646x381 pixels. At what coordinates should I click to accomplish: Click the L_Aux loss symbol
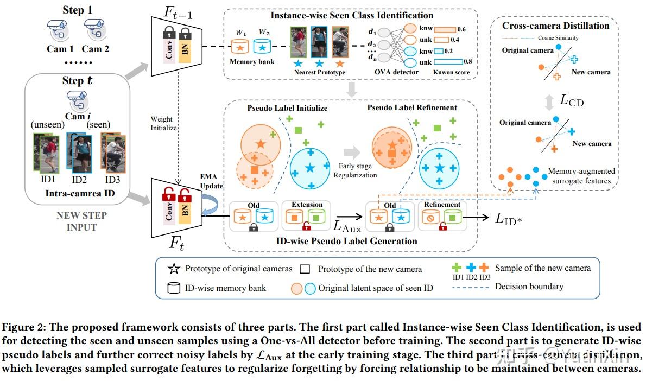tap(347, 225)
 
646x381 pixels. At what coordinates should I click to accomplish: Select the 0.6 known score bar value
tap(461, 29)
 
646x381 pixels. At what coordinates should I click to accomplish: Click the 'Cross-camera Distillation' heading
tap(555, 26)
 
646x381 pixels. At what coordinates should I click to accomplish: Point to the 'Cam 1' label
tap(60, 49)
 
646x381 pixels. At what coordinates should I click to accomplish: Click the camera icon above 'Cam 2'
tap(96, 29)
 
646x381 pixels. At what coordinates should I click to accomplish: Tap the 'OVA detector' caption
tap(397, 72)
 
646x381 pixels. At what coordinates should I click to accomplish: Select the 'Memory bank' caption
tap(252, 62)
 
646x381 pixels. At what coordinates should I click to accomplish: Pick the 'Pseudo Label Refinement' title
tap(412, 107)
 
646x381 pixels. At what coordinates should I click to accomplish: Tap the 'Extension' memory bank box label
tap(307, 205)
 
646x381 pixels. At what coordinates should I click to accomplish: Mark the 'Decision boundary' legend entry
tap(529, 286)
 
